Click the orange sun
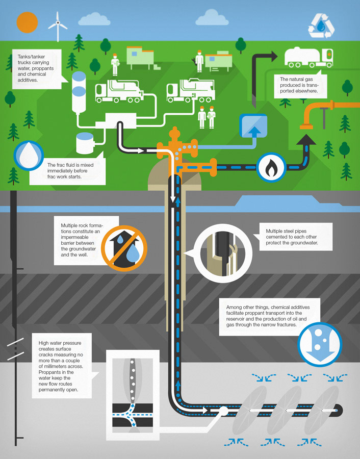[28, 23]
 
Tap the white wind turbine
[58, 25]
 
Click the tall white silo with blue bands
[79, 94]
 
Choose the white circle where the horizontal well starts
[223, 410]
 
